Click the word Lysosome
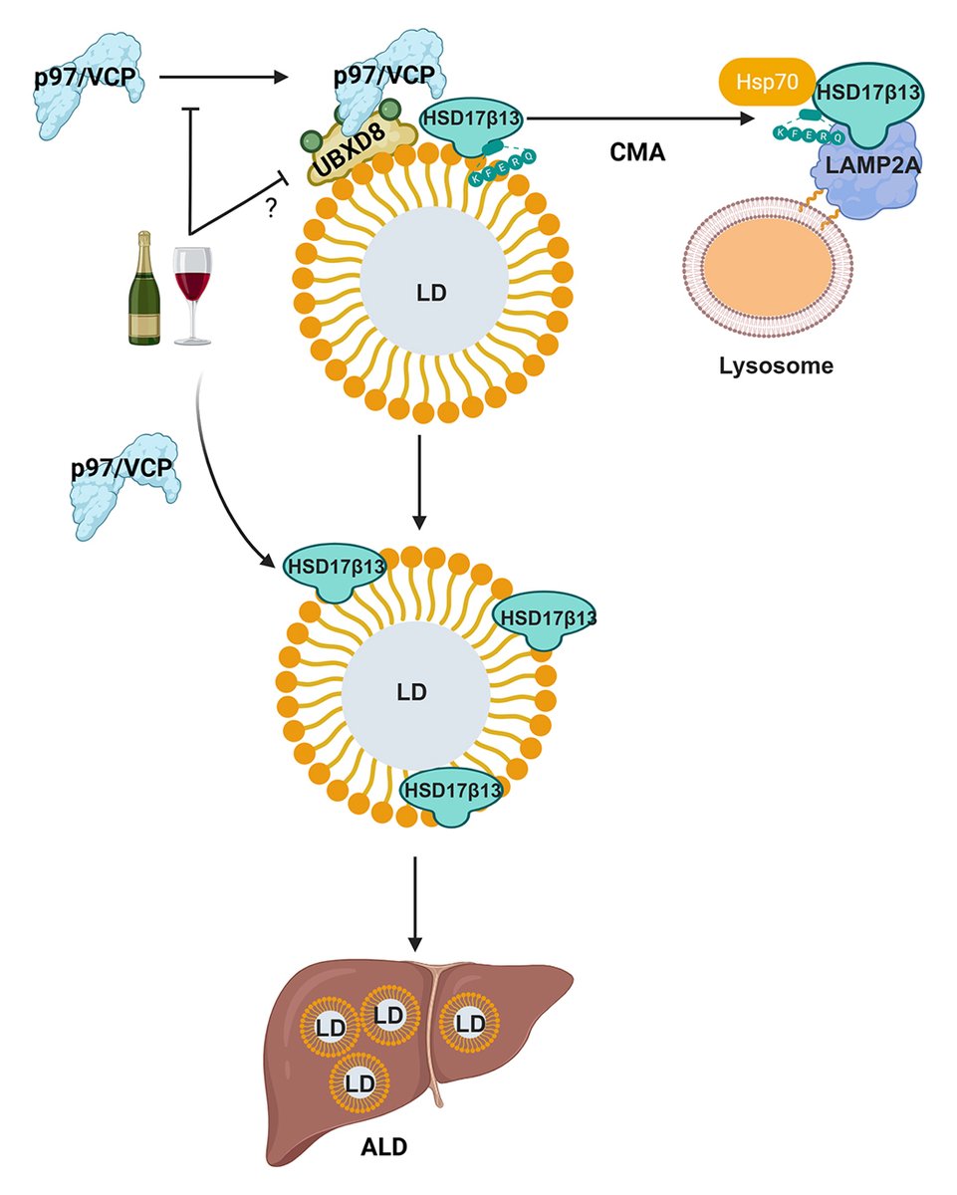[776, 364]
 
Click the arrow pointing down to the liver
[418, 901]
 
